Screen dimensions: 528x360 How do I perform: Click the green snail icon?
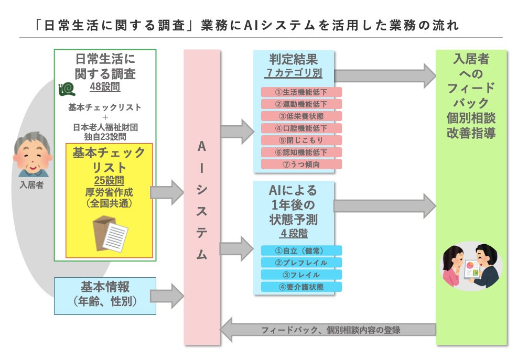(x=67, y=89)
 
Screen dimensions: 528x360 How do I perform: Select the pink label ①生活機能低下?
(x=301, y=92)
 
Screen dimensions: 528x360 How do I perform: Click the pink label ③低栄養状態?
(x=301, y=116)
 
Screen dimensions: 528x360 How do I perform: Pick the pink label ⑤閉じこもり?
(x=301, y=140)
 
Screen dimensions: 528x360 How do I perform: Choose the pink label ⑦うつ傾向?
(x=301, y=165)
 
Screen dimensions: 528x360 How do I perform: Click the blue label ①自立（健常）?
(x=301, y=250)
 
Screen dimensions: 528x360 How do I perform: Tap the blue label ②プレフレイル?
(x=301, y=263)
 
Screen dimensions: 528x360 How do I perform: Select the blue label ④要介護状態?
(x=301, y=287)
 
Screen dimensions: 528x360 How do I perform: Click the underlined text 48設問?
(x=105, y=87)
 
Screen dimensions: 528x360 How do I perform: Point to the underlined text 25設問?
(x=109, y=181)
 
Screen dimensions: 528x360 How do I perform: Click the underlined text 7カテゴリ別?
(x=294, y=73)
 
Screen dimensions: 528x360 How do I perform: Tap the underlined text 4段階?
(x=294, y=234)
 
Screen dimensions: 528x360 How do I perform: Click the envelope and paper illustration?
(x=110, y=234)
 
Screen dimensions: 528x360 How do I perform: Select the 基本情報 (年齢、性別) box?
(x=105, y=296)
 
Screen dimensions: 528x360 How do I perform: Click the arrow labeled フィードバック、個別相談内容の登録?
(x=328, y=330)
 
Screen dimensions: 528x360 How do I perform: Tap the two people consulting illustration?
(x=471, y=266)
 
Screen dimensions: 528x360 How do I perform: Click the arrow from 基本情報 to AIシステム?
(x=167, y=296)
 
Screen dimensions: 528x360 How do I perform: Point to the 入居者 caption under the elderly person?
(x=31, y=184)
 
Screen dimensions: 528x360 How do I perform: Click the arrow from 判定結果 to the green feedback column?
(x=385, y=76)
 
